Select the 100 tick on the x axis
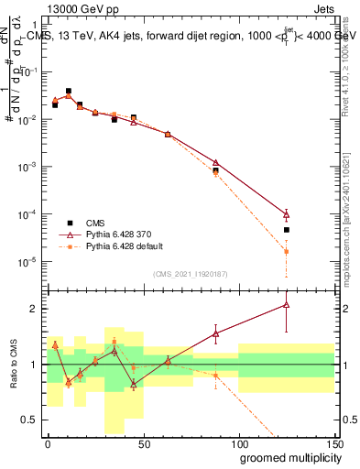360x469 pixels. point(238,442)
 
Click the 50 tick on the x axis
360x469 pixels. point(143,442)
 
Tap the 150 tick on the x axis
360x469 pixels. point(333,442)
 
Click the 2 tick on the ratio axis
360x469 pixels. point(38,309)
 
